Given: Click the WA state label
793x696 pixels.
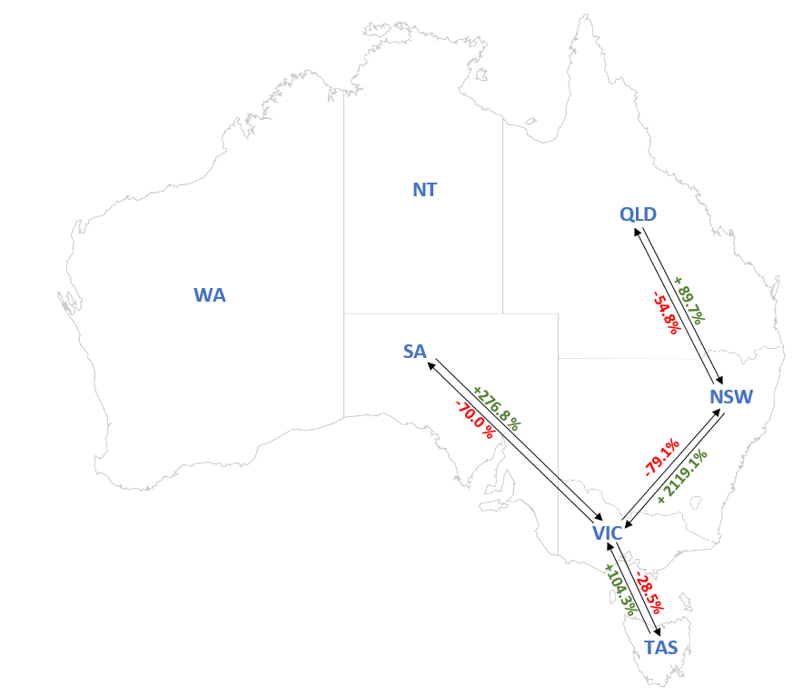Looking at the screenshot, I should pyautogui.click(x=209, y=295).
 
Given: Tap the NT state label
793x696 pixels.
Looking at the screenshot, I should pyautogui.click(x=424, y=190).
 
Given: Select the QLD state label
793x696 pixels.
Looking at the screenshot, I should pyautogui.click(x=638, y=214).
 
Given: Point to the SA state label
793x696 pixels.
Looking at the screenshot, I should pyautogui.click(x=414, y=352).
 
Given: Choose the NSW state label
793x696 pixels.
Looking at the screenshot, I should pyautogui.click(x=731, y=396).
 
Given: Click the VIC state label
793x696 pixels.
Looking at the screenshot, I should pyautogui.click(x=607, y=533).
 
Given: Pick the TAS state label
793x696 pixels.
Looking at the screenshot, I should pyautogui.click(x=660, y=648).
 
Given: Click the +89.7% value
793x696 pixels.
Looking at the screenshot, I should pyautogui.click(x=689, y=301).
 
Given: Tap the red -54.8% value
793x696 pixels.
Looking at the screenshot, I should pyautogui.click(x=666, y=313).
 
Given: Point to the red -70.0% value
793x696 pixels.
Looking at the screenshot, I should pyautogui.click(x=475, y=419).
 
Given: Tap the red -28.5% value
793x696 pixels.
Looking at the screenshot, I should pyautogui.click(x=649, y=592).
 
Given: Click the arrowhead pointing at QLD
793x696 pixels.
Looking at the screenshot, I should pyautogui.click(x=636, y=232).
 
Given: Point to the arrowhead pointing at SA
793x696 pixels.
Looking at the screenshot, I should pyautogui.click(x=432, y=362).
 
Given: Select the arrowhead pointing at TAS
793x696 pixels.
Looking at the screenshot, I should pyautogui.click(x=657, y=631).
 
